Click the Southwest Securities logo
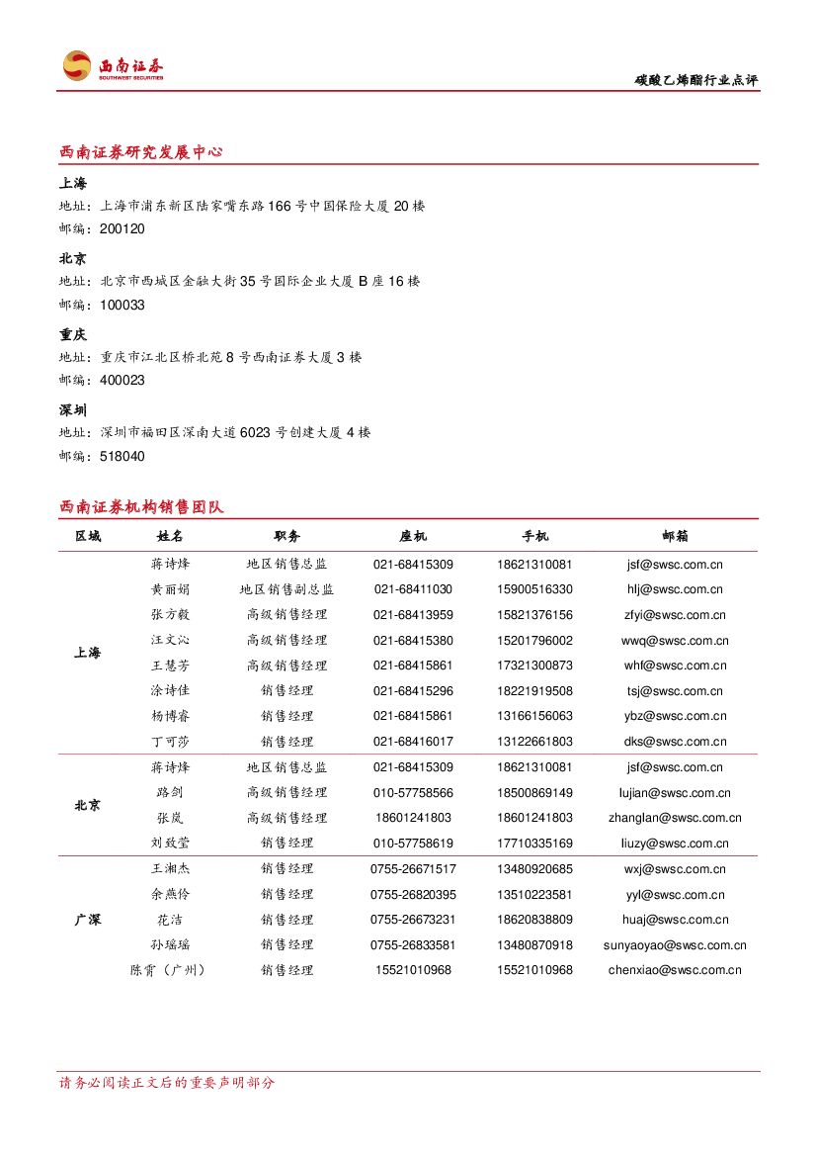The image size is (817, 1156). point(112,66)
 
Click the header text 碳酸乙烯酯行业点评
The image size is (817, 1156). point(696,80)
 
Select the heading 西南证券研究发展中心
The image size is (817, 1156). point(140,152)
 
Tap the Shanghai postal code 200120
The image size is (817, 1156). point(123,229)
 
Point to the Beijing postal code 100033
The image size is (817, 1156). point(123,306)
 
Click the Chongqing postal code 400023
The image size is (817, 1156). point(123,381)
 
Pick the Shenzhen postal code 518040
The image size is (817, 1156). point(123,457)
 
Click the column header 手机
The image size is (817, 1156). point(534,536)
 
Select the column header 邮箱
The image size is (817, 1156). point(676,536)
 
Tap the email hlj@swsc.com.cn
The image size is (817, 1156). point(676,589)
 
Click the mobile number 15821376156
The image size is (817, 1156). point(534,615)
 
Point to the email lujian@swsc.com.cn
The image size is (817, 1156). point(676,793)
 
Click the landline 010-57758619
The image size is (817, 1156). point(413,844)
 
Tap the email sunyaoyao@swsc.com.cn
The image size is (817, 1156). point(676,945)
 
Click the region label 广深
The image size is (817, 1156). point(87,920)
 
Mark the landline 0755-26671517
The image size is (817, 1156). point(413,869)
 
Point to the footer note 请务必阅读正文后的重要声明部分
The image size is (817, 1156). point(167,1083)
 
